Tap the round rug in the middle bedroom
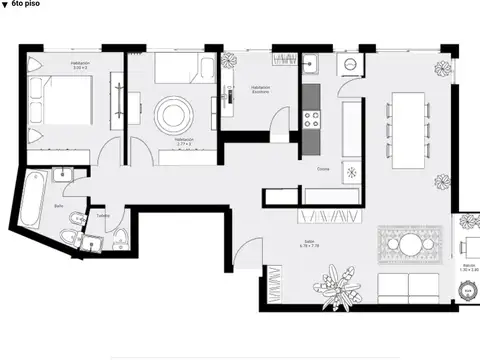point(172,110)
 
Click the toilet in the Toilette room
point(119,237)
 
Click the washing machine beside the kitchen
point(350,62)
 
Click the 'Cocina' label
point(324,169)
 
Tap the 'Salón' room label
point(310,243)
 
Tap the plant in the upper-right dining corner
point(441,70)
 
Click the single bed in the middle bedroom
point(182,69)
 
